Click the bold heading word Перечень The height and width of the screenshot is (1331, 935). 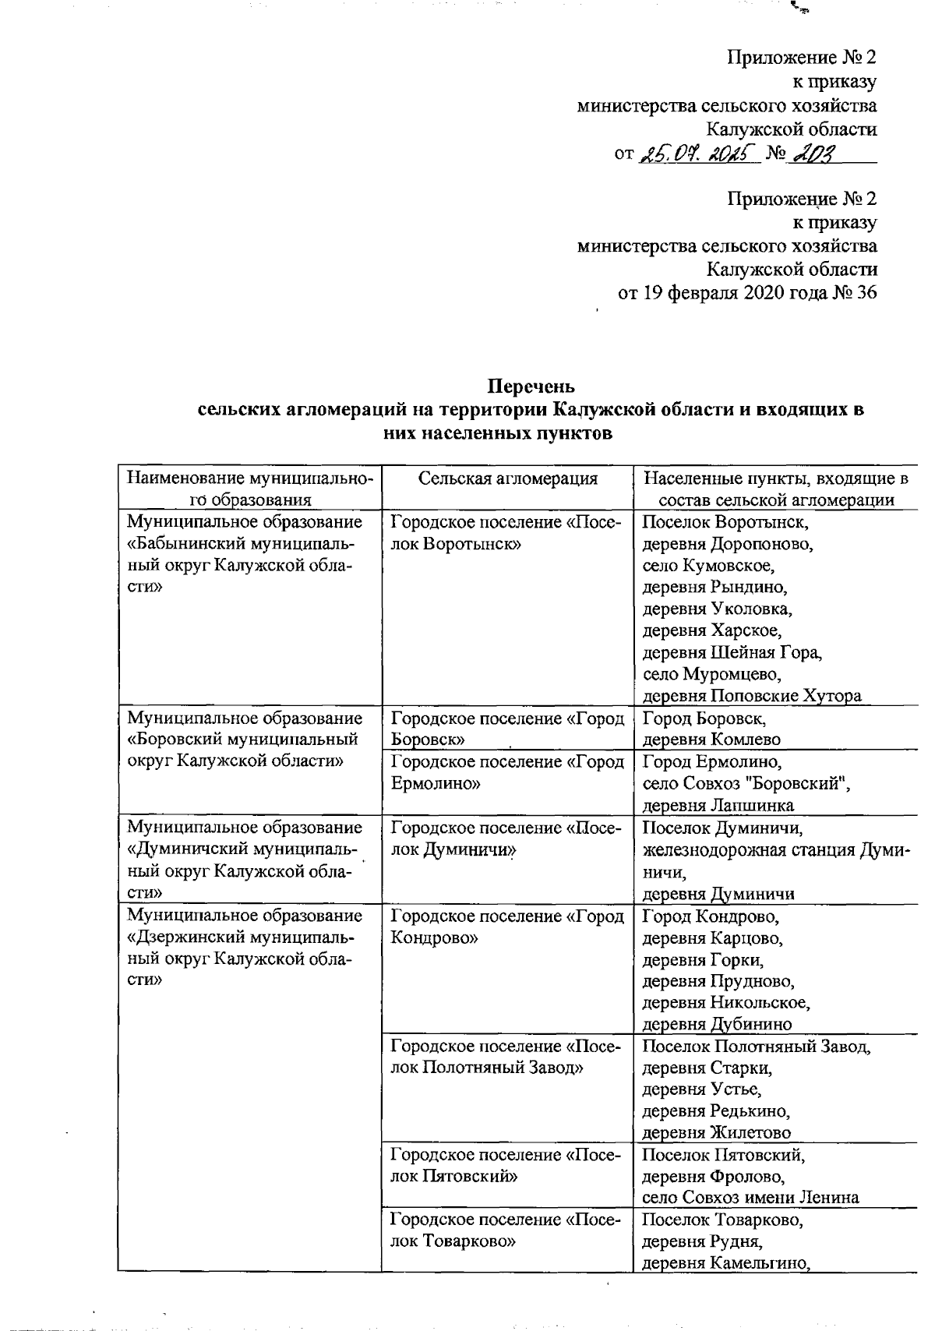531,386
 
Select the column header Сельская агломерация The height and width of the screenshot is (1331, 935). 508,478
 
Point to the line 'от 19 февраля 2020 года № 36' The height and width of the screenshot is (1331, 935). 747,293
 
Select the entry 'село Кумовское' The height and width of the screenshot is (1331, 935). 708,565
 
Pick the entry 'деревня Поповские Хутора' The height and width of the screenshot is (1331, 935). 752,695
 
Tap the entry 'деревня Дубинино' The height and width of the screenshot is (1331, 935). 717,1024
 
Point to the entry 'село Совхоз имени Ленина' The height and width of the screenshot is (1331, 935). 750,1198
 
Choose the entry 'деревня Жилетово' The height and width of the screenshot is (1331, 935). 716,1132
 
